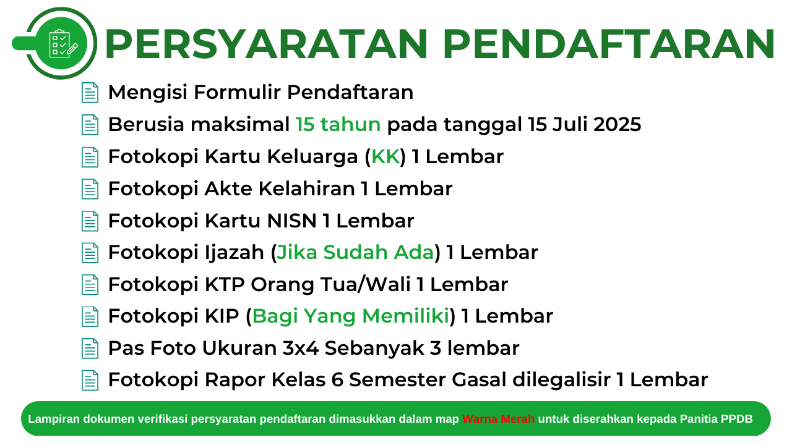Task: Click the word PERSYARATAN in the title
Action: (x=267, y=44)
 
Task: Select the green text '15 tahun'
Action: (x=338, y=125)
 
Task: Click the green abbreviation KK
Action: (x=385, y=157)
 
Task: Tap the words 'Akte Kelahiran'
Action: (x=280, y=189)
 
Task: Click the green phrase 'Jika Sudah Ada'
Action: (x=355, y=253)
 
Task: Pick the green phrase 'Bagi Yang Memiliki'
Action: (x=350, y=316)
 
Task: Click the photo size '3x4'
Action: (x=301, y=349)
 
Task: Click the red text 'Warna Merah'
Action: (x=498, y=419)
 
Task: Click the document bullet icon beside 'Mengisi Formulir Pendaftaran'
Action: (x=90, y=93)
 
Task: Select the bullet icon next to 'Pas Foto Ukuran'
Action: (x=90, y=349)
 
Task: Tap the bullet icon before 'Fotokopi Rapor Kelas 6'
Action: (x=90, y=380)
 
